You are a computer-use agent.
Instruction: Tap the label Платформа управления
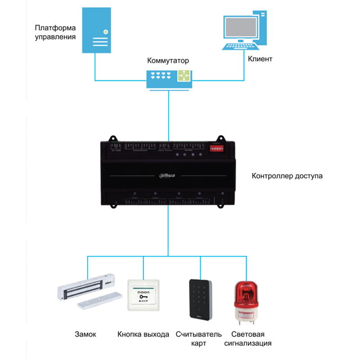[x=55, y=32]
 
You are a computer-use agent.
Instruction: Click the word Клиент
[x=260, y=59]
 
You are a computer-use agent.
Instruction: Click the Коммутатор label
[x=168, y=60]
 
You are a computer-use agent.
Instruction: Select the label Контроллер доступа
[x=288, y=176]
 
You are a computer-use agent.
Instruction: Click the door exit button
[x=144, y=295]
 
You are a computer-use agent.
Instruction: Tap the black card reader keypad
[x=199, y=299]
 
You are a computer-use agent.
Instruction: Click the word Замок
[x=85, y=334]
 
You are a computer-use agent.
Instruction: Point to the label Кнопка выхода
[x=144, y=334]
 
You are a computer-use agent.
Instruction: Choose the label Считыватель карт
[x=199, y=339]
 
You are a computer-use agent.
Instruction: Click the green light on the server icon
[x=105, y=31]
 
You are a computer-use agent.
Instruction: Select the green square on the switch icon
[x=184, y=76]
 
